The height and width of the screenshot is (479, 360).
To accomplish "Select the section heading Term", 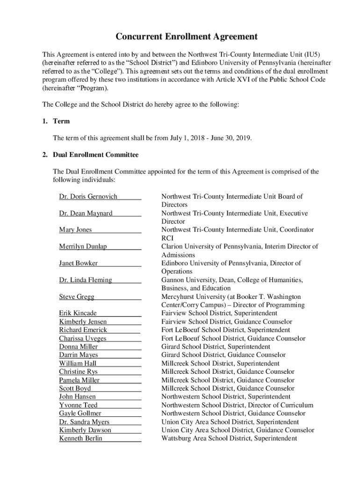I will click(x=61, y=121).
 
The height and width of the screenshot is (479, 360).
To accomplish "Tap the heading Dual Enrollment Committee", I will click(x=95, y=154).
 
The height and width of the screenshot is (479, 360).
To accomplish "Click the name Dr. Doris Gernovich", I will click(x=88, y=196).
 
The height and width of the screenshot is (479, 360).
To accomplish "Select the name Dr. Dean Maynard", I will click(x=86, y=213).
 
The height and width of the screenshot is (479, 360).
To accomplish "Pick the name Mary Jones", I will click(x=75, y=230).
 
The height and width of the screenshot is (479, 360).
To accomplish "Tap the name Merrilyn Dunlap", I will click(x=83, y=247).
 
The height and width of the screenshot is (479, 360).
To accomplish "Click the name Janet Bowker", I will click(x=78, y=263).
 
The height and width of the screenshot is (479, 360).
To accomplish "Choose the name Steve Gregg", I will click(x=77, y=297).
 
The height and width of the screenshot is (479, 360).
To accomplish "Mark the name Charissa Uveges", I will click(x=83, y=338).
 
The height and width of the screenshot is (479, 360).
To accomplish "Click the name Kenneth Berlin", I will click(x=80, y=438).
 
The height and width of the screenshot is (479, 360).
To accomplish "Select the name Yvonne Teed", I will click(x=78, y=405).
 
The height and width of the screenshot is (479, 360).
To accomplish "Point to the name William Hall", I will click(x=78, y=363).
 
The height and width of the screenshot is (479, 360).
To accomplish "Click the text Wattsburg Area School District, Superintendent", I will click(x=229, y=438).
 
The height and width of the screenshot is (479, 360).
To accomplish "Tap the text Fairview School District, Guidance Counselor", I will click(x=227, y=322).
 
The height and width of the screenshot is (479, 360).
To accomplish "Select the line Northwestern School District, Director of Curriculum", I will click(x=237, y=405).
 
